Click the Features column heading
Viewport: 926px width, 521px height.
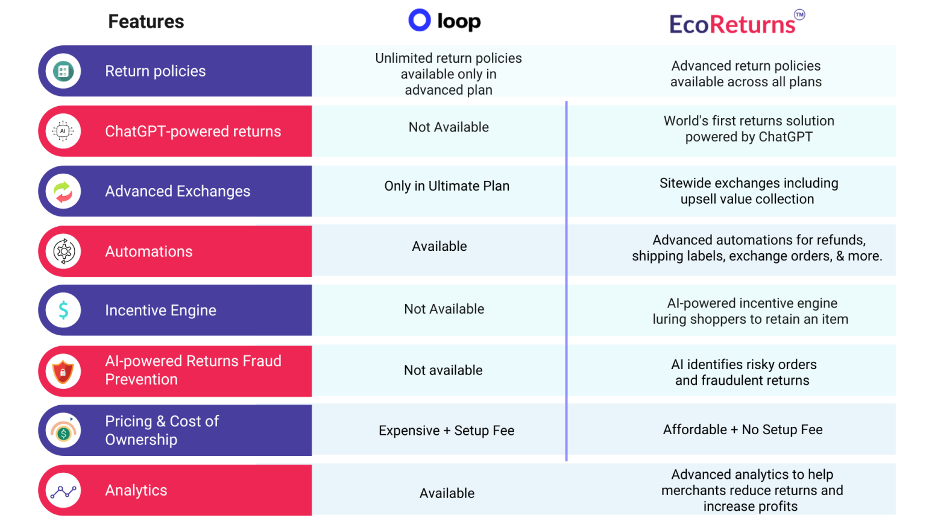[x=146, y=22]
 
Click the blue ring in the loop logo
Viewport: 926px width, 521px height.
[x=420, y=20]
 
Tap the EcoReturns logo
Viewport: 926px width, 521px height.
[x=732, y=25]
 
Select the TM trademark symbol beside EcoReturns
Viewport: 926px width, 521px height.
[x=799, y=14]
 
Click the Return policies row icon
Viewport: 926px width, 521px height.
[x=63, y=71]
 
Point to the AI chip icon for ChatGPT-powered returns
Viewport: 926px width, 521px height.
[x=63, y=131]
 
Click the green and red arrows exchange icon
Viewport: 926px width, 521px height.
[x=63, y=191]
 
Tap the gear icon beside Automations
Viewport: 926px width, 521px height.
[x=63, y=251]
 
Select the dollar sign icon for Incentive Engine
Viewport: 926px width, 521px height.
[x=63, y=310]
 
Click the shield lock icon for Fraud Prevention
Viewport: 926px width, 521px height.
[x=63, y=371]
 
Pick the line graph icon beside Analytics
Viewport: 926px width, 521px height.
[x=63, y=491]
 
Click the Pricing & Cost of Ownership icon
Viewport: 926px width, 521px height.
[x=63, y=431]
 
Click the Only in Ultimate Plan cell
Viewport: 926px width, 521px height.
[x=447, y=186]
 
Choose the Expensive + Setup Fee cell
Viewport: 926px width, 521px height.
[x=446, y=431]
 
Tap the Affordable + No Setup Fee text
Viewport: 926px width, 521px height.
[x=743, y=430]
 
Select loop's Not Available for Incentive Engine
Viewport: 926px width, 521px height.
[x=444, y=309]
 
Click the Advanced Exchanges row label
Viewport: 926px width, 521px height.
[x=177, y=191]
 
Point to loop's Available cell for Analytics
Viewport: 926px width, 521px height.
[x=447, y=493]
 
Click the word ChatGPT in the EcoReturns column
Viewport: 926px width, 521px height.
[x=785, y=137]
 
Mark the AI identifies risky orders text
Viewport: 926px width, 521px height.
[x=743, y=365]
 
